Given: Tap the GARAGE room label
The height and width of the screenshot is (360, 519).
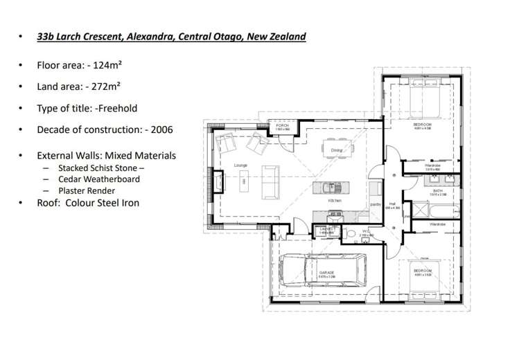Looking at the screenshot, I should click(326, 273).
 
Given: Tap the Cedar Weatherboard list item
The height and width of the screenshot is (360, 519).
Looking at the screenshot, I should click(99, 179).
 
